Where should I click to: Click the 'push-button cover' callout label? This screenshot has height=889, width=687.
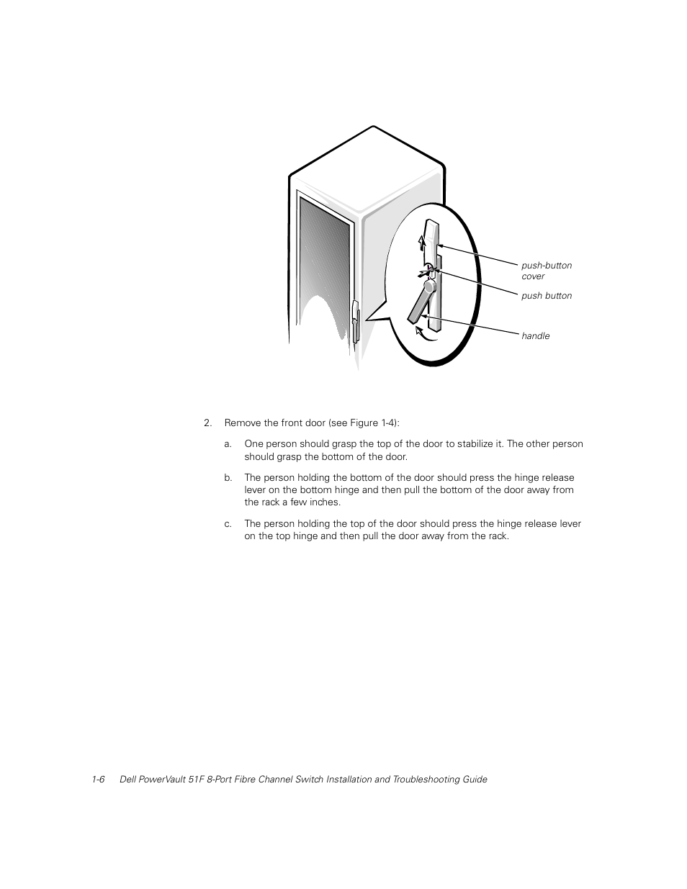click(x=546, y=271)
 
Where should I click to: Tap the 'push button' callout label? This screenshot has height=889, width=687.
click(x=546, y=296)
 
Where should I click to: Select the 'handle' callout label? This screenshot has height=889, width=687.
click(x=535, y=336)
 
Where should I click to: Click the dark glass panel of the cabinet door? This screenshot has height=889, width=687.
click(x=325, y=266)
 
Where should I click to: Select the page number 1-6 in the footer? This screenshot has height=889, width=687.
click(x=99, y=780)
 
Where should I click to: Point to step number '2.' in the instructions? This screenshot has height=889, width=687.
click(x=208, y=423)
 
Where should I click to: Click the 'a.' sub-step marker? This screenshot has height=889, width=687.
click(x=228, y=444)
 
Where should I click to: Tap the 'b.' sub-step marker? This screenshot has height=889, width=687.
click(x=228, y=478)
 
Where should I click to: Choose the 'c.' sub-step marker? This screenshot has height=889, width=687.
click(x=228, y=524)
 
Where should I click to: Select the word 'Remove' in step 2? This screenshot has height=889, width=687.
click(x=241, y=423)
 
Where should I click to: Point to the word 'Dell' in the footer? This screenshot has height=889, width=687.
click(x=127, y=780)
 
